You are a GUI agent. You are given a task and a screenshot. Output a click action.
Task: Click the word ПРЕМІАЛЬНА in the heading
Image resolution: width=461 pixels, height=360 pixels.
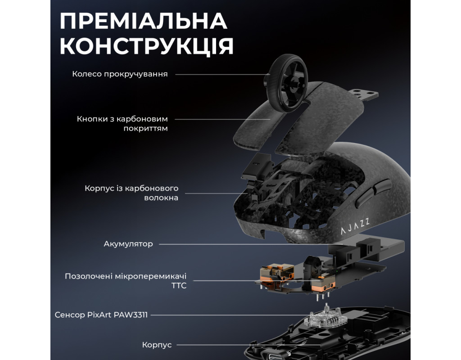[144, 21]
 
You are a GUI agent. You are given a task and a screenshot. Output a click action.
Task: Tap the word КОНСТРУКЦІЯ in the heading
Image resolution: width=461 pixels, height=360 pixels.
[147, 46]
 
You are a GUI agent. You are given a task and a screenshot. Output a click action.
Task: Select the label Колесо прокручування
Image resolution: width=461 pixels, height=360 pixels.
[120, 74]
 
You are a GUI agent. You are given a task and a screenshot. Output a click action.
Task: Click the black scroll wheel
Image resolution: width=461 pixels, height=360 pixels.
[287, 83]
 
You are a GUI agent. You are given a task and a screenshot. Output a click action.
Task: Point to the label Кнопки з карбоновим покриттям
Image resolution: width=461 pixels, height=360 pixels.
[122, 124]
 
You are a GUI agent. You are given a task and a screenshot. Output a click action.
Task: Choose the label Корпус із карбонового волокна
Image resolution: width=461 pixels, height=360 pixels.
[131, 193]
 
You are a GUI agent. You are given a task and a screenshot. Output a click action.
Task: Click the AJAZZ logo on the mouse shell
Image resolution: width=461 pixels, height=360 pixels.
[355, 226]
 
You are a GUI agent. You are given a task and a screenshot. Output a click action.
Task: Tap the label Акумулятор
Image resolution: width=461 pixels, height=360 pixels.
[128, 244]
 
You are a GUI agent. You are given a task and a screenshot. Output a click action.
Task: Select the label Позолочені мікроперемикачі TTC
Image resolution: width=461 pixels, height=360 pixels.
[126, 281]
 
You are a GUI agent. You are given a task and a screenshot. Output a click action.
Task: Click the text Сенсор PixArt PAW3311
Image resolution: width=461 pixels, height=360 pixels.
[101, 315]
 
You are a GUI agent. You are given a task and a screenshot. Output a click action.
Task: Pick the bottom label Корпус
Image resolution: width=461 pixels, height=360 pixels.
[157, 345]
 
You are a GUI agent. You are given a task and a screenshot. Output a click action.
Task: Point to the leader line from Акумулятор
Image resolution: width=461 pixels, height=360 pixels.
[244, 244]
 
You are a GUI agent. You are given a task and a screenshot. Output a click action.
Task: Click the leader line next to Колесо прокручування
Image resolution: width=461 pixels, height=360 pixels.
[222, 74]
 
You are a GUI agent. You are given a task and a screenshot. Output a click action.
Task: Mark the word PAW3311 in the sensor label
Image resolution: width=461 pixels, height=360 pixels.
[131, 315]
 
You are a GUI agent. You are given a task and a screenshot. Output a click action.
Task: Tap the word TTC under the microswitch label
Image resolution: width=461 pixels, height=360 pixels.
[179, 286]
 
